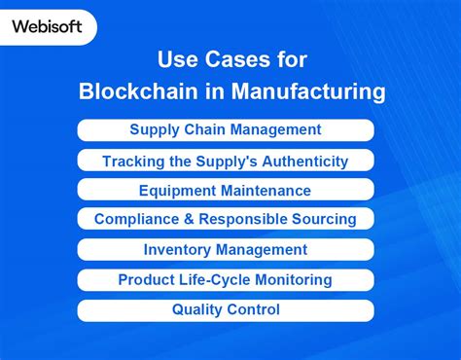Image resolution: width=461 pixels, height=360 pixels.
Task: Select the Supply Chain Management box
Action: point(226,129)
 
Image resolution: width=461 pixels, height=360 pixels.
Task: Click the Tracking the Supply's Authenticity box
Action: point(226,161)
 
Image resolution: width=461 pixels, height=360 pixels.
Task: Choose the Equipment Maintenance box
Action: point(226,191)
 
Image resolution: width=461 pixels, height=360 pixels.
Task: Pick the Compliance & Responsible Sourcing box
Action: point(226,220)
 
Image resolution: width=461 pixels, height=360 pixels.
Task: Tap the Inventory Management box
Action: point(226,250)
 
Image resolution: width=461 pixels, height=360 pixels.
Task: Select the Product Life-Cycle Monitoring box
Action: point(226,280)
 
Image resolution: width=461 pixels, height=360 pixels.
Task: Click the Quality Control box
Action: point(226,310)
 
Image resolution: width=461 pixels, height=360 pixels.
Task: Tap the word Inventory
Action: point(178,250)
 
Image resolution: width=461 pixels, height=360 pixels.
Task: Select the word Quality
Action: point(198,310)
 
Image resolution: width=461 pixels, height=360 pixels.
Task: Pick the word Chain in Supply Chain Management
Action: point(201,129)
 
